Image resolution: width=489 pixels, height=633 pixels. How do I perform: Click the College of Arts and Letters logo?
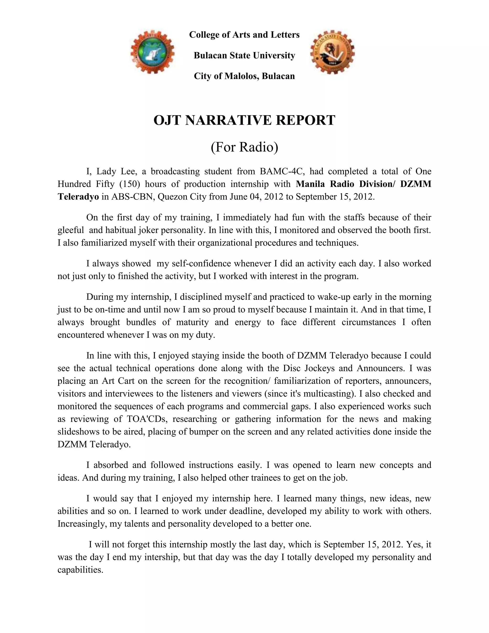pyautogui.click(x=152, y=52)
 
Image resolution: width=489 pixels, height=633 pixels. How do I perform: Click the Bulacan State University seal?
pyautogui.click(x=332, y=52)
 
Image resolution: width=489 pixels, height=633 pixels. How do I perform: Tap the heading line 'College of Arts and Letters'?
pyautogui.click(x=244, y=35)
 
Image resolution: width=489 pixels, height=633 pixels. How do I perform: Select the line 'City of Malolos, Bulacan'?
pyautogui.click(x=244, y=76)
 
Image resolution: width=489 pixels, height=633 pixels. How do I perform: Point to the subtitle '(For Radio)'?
pyautogui.click(x=244, y=147)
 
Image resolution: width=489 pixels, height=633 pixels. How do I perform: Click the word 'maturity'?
pyautogui.click(x=191, y=322)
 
